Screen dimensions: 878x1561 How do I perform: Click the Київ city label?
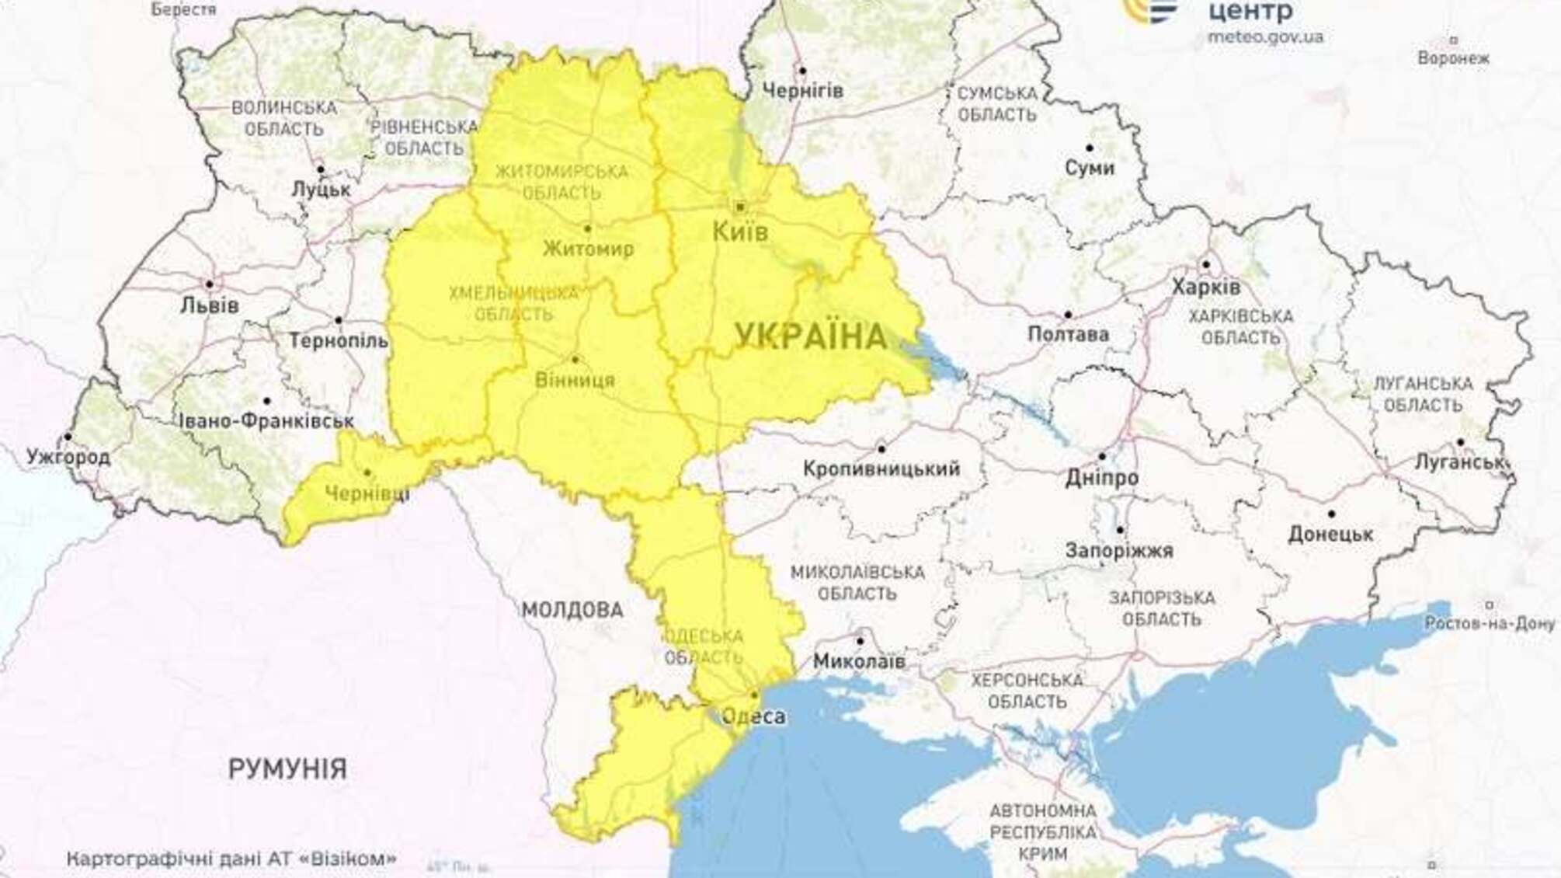point(740,232)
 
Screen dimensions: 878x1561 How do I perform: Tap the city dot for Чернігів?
point(803,71)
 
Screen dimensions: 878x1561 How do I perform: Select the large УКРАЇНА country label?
point(811,337)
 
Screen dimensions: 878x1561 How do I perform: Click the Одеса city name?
point(753,716)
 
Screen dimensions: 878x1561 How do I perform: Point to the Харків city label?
point(1205,287)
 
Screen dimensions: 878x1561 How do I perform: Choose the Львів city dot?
point(210,284)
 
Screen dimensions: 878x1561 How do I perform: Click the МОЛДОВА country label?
point(572,610)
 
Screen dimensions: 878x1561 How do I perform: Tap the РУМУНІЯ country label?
point(287,769)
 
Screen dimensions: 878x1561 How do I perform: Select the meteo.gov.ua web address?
point(1265,37)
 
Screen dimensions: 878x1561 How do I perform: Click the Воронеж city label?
point(1453,58)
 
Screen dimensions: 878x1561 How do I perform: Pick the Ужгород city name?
point(68,457)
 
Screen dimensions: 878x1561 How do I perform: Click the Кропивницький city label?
point(881,469)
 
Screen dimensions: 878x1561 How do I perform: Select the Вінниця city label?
point(575,380)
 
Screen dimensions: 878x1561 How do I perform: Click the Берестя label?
point(183,9)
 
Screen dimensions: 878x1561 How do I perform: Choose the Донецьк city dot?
point(1331,514)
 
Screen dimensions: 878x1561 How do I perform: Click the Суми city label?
point(1089,168)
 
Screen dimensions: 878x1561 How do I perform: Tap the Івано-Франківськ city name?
point(266,421)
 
